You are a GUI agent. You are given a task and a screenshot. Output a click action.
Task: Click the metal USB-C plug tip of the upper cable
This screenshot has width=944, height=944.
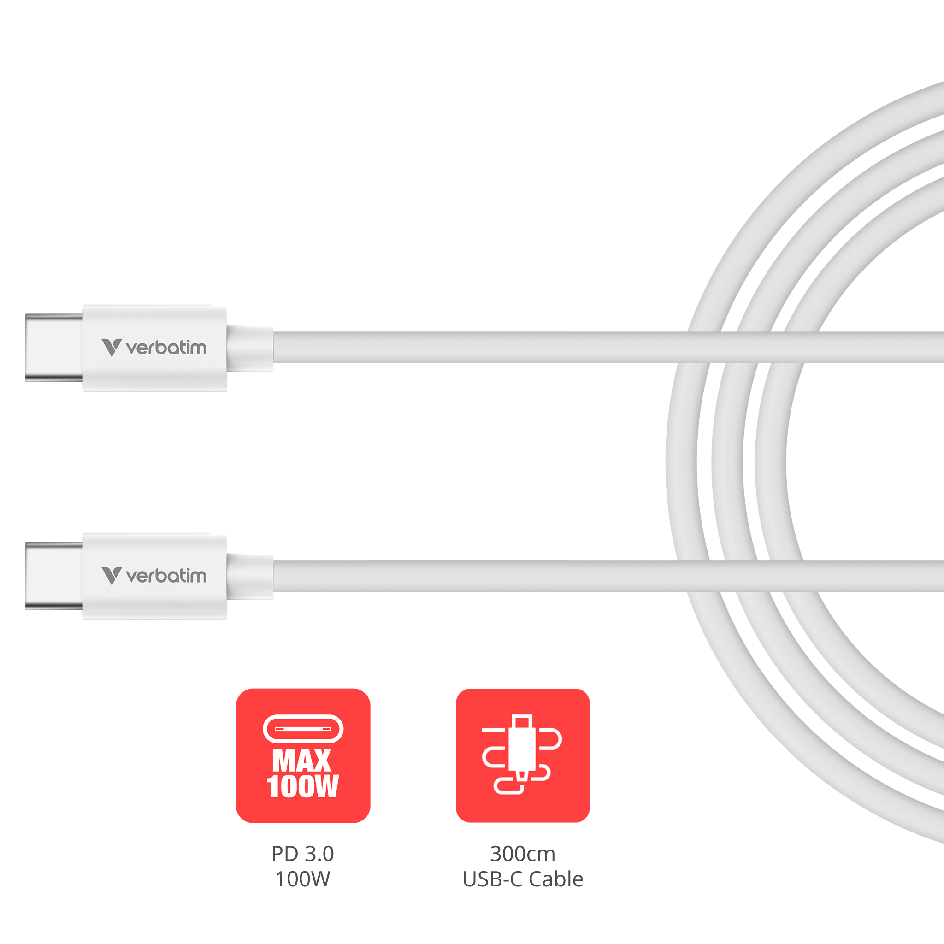click(x=54, y=348)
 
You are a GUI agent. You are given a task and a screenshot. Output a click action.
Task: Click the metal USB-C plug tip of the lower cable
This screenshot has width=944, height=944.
click(x=54, y=576)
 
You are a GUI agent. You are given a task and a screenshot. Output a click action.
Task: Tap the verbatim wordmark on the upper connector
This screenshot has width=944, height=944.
click(x=166, y=348)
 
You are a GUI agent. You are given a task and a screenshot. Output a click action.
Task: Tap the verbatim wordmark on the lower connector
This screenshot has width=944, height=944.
click(x=166, y=576)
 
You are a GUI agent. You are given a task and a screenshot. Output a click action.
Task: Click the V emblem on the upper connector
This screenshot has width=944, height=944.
click(x=112, y=348)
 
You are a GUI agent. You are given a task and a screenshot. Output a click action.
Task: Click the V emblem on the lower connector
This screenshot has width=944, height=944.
click(x=112, y=576)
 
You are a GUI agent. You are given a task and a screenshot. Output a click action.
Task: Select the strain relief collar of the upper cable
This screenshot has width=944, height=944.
click(x=250, y=348)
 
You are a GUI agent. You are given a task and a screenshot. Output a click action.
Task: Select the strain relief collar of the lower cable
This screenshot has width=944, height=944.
click(x=250, y=577)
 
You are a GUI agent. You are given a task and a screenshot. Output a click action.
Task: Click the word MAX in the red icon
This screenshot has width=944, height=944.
click(x=302, y=761)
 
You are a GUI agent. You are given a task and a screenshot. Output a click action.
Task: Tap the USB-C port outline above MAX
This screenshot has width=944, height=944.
click(x=303, y=729)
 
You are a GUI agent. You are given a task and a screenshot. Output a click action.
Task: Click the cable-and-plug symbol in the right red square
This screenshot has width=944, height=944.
click(x=522, y=755)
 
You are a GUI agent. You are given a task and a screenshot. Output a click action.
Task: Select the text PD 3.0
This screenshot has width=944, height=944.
click(x=303, y=854)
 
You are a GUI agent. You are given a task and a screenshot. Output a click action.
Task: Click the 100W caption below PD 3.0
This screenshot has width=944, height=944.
click(x=303, y=879)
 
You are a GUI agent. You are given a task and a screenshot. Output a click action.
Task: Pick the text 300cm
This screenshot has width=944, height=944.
click(x=523, y=854)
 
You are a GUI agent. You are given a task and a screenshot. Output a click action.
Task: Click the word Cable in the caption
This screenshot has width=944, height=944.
click(x=556, y=879)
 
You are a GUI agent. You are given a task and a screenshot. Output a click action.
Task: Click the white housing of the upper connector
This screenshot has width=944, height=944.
click(x=154, y=348)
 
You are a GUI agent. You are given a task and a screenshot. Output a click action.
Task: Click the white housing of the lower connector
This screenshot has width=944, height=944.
click(x=154, y=577)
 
